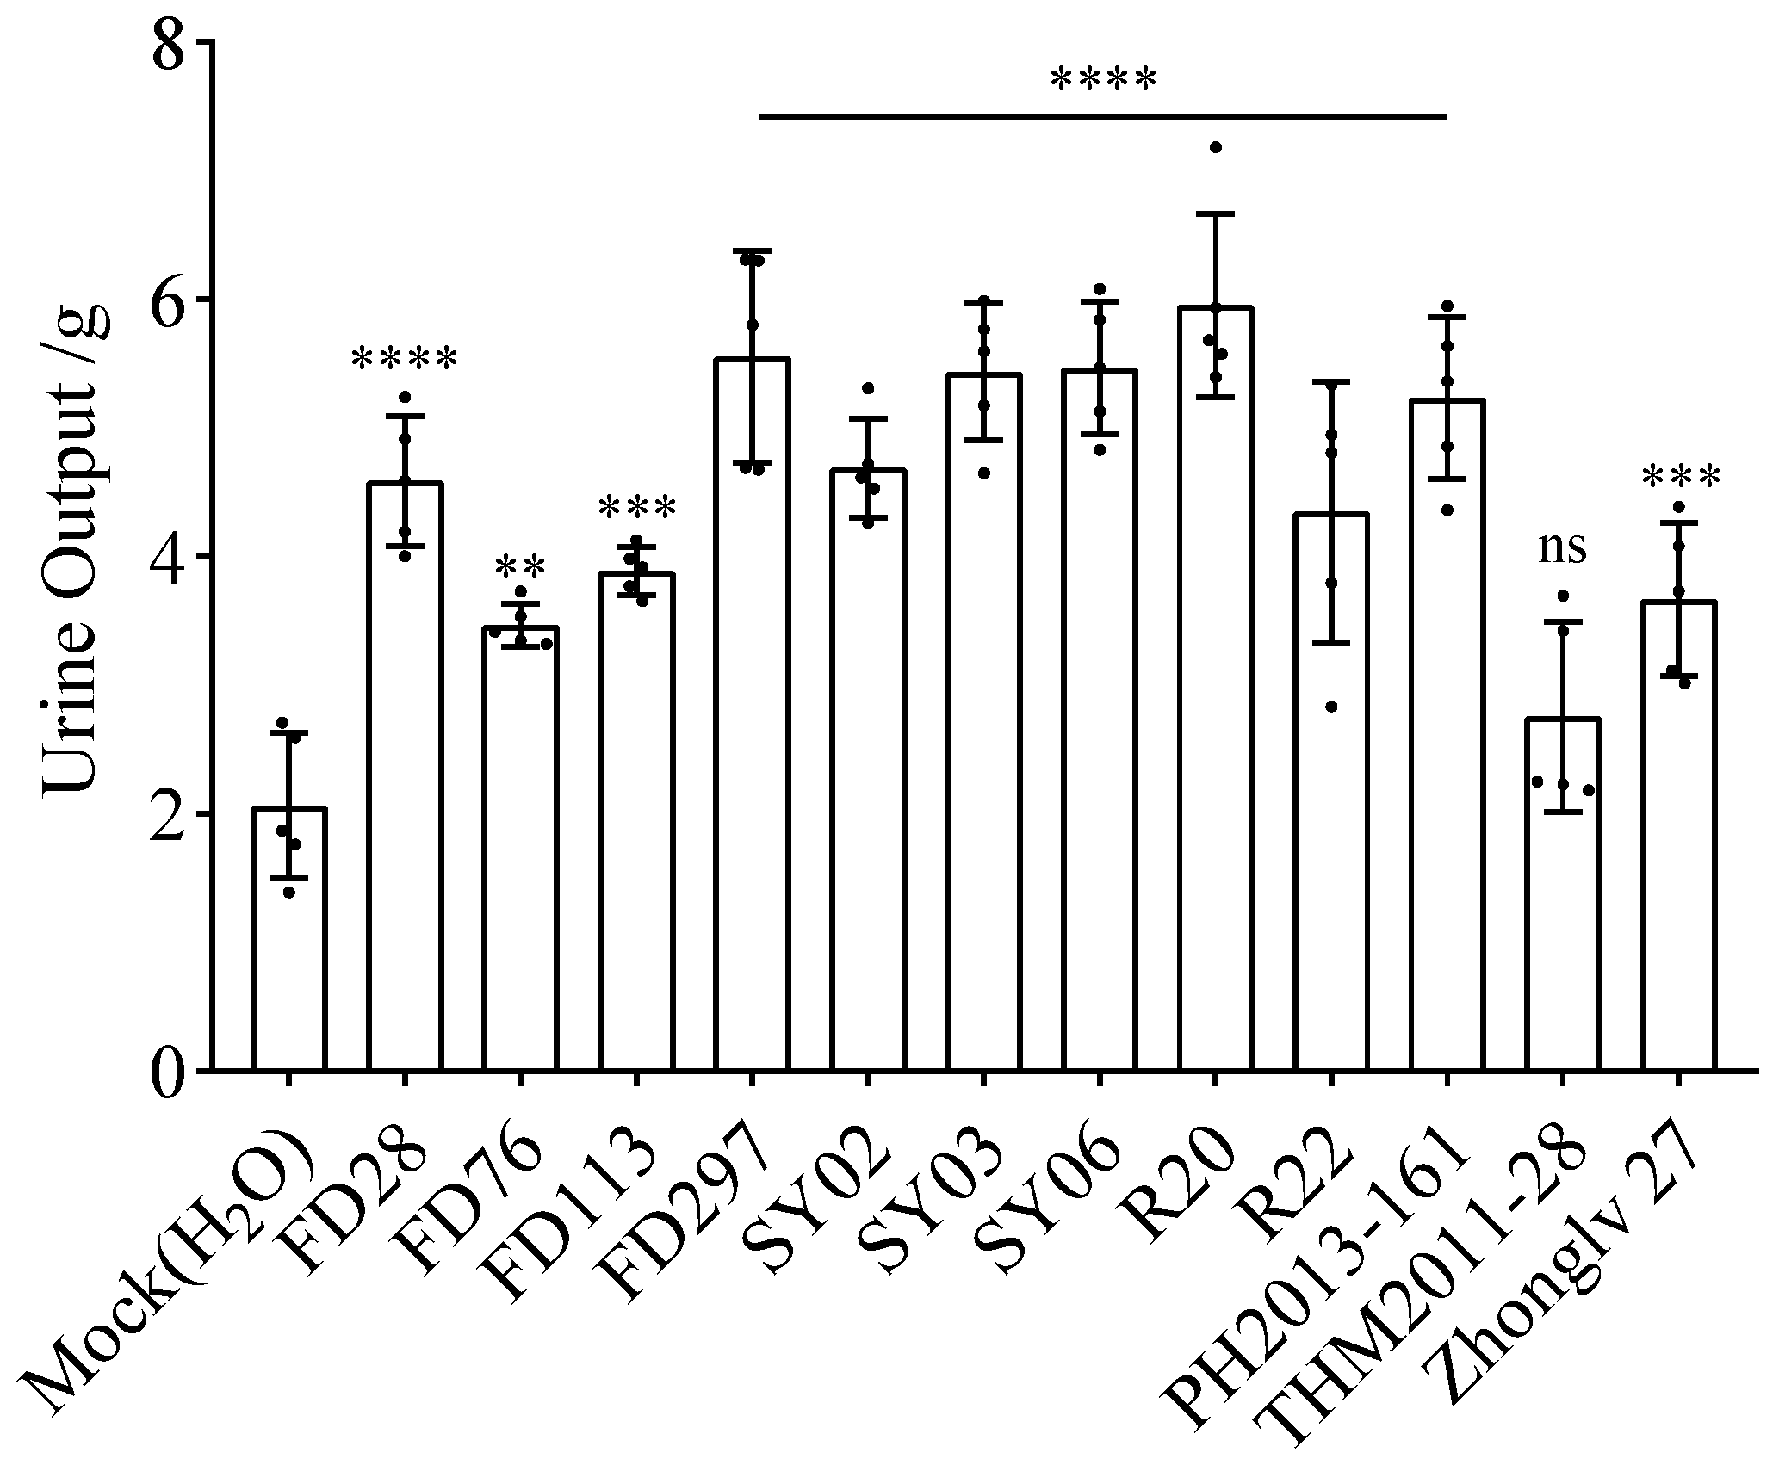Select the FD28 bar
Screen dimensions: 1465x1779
click(405, 775)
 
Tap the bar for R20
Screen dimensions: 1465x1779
click(1215, 689)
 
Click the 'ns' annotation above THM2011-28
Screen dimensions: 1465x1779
click(1562, 547)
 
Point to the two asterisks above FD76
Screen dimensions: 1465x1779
click(520, 568)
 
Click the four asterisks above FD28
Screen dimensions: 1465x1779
click(404, 360)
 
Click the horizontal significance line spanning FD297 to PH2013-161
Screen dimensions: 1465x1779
click(1103, 115)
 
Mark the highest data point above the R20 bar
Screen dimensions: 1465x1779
click(1216, 148)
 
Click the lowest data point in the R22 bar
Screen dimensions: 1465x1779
click(1331, 707)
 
